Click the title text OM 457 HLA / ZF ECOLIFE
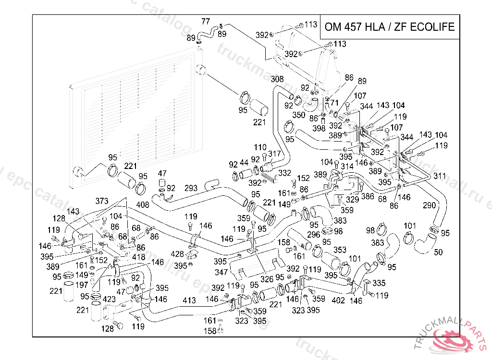pos(389,27)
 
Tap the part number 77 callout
pos(206,22)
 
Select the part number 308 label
pos(277,79)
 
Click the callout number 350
pos(299,115)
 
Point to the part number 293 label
pos(191,188)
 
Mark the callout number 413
pos(189,300)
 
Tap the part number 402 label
pos(338,300)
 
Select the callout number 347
pos(221,272)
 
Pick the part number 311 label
pos(439,176)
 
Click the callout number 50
pos(438,252)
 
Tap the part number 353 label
pos(340,250)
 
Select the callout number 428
pos(178,254)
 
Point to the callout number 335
pos(379,283)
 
